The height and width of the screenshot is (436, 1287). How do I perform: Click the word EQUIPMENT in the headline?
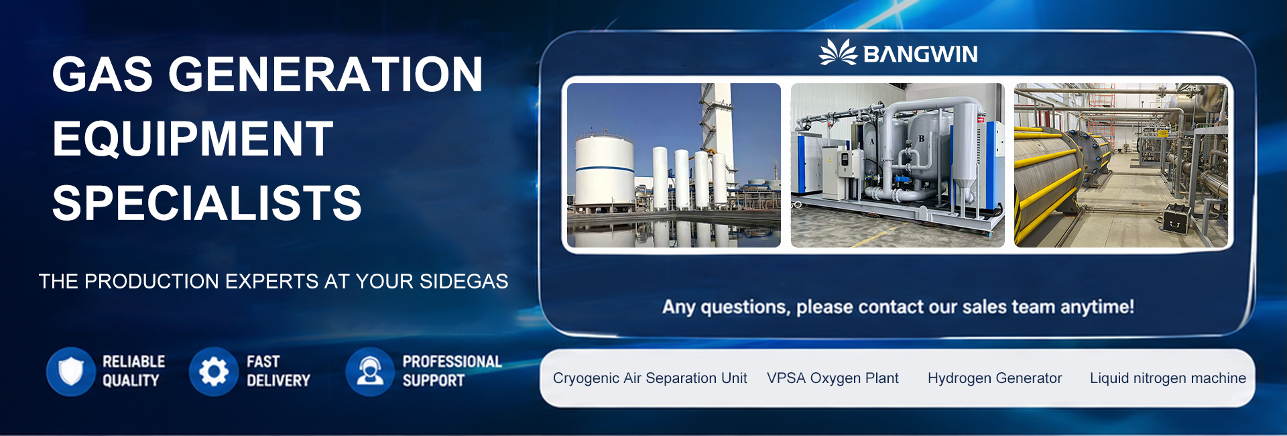click(193, 139)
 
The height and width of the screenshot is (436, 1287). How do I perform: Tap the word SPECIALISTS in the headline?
click(207, 203)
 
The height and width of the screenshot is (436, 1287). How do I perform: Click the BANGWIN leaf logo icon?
click(838, 52)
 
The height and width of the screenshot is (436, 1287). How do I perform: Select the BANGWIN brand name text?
click(920, 54)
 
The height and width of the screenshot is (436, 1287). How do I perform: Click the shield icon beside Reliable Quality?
click(71, 371)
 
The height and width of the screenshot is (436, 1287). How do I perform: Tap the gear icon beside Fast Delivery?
click(214, 371)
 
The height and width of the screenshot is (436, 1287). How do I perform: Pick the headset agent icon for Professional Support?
click(370, 371)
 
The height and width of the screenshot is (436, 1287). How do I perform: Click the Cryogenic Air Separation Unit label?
click(650, 378)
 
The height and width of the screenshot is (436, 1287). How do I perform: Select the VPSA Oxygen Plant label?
click(833, 378)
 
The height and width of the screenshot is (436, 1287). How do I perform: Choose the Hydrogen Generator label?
click(995, 378)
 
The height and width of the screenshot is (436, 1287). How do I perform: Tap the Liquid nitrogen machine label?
click(1168, 378)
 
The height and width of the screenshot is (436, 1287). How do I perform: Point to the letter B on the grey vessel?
click(921, 139)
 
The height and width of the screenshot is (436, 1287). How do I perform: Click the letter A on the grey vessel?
click(872, 142)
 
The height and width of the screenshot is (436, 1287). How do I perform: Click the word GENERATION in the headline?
click(325, 74)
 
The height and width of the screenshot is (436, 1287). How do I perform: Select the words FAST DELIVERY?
click(278, 371)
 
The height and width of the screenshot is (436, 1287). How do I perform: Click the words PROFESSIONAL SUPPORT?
click(452, 371)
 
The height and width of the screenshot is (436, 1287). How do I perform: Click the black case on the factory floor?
click(1176, 217)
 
